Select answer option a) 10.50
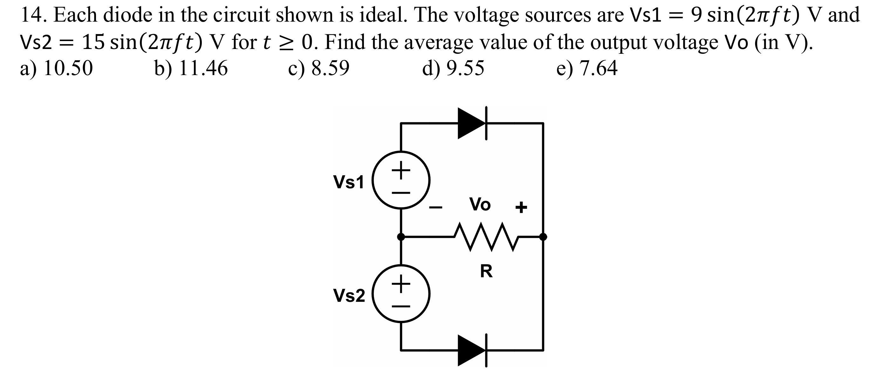pyautogui.click(x=57, y=68)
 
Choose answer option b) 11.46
pyautogui.click(x=191, y=68)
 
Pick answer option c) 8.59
pyautogui.click(x=318, y=68)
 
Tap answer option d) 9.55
pyautogui.click(x=453, y=68)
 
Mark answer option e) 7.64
pyautogui.click(x=587, y=68)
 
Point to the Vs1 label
pyautogui.click(x=348, y=182)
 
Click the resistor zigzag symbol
pyautogui.click(x=486, y=237)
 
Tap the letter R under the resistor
pyautogui.click(x=486, y=271)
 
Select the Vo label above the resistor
pyautogui.click(x=480, y=204)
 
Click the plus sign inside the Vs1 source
pyautogui.click(x=401, y=170)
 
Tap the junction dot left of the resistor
pyautogui.click(x=401, y=237)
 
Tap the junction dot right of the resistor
pyautogui.click(x=543, y=237)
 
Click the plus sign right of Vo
pyautogui.click(x=521, y=207)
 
